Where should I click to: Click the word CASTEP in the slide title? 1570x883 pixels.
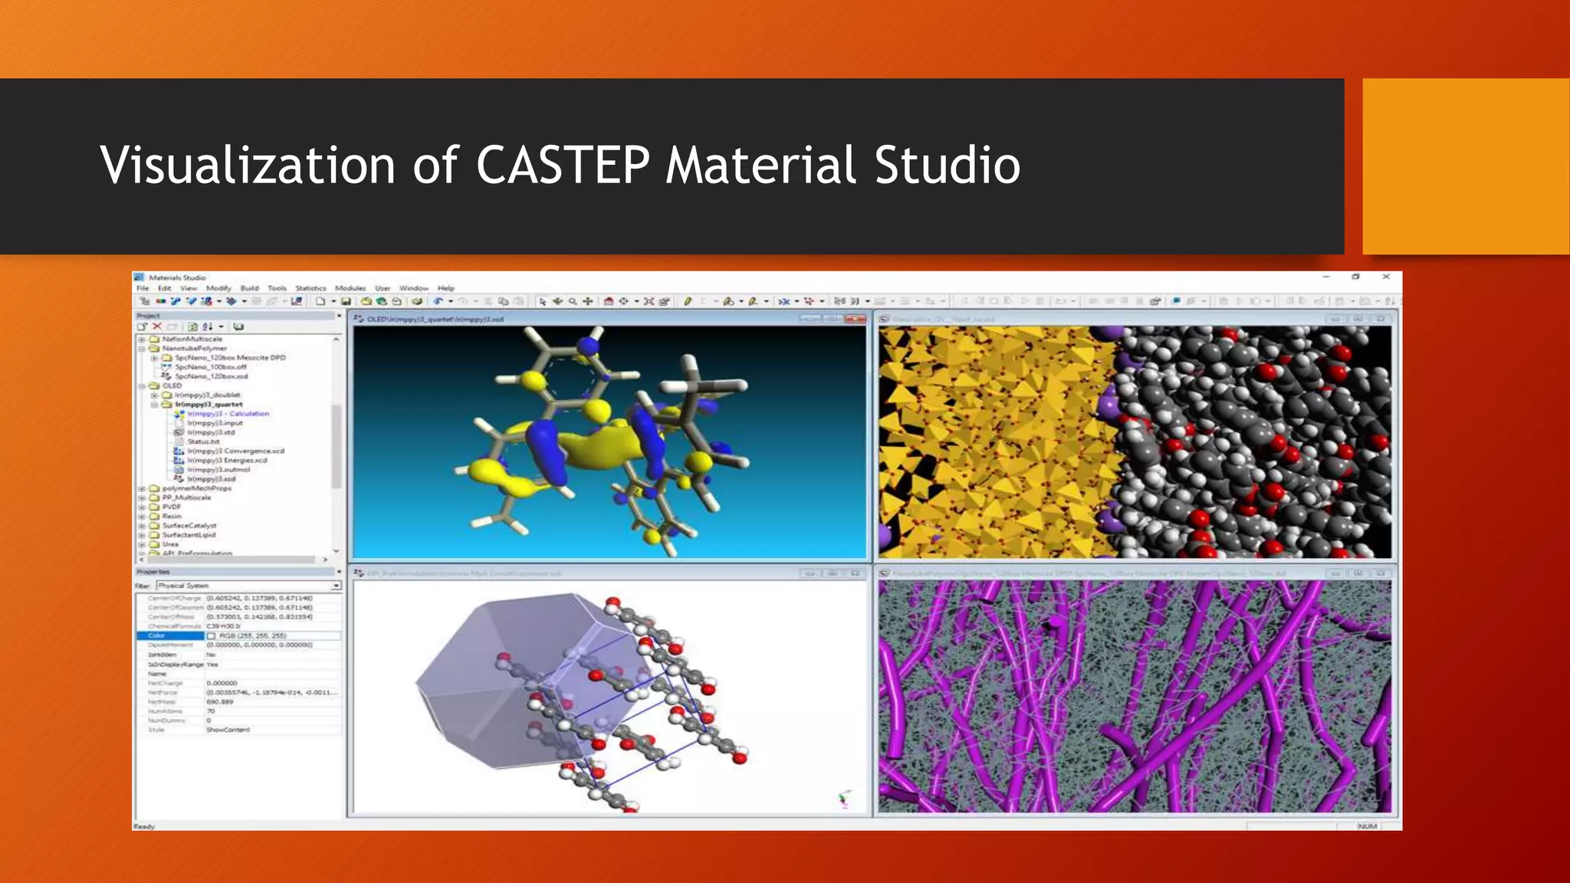563,166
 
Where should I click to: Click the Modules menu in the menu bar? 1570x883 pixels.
350,288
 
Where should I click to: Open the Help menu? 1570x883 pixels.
446,288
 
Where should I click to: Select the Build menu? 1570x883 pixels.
250,288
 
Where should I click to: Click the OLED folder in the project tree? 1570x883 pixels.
172,386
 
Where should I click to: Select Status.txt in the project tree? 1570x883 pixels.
203,441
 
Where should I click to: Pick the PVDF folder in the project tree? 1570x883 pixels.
171,507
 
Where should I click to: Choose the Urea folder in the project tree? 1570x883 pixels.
170,544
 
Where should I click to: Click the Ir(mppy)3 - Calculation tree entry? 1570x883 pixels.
228,414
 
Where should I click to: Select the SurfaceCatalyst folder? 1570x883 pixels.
189,526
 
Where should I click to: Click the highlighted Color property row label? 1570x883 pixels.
157,635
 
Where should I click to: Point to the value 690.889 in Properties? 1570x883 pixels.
219,701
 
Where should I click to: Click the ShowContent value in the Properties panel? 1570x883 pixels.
228,730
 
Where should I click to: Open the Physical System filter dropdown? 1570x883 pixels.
336,586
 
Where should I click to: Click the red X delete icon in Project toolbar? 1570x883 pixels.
157,327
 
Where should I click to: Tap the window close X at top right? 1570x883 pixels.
1386,277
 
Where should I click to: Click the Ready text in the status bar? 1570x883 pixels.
144,826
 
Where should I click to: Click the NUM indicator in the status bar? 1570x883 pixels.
1368,826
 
